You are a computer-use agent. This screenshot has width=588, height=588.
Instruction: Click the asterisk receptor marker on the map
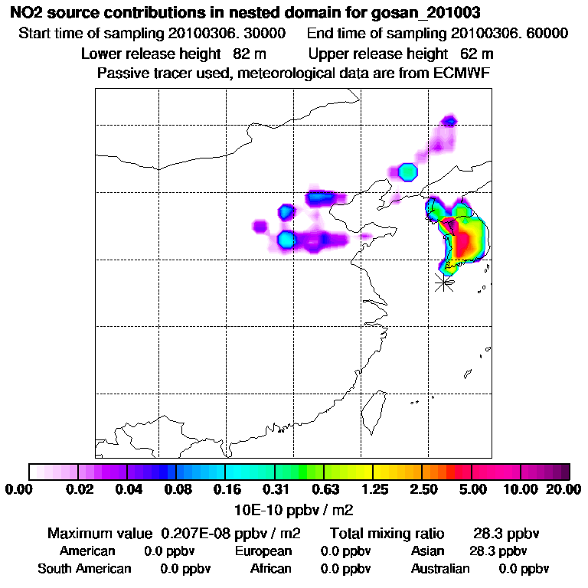tap(443, 282)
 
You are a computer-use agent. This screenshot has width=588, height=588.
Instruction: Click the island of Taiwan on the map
tap(373, 411)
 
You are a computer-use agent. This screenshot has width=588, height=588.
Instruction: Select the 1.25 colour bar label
tap(374, 489)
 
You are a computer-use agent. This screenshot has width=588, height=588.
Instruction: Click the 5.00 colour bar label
tap(473, 489)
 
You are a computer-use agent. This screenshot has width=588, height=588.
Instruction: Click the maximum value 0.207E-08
tap(201, 533)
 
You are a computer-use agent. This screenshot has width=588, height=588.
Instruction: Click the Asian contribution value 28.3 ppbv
tap(498, 551)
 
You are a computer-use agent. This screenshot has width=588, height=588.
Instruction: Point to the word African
tap(271, 569)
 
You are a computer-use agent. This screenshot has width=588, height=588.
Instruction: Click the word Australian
tap(440, 569)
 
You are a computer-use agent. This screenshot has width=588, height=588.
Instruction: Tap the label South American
tap(84, 569)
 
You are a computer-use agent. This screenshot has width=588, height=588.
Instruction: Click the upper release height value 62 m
tap(477, 54)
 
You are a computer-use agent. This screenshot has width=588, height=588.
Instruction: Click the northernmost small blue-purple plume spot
tap(451, 120)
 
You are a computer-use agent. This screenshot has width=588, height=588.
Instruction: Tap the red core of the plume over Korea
tap(464, 243)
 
